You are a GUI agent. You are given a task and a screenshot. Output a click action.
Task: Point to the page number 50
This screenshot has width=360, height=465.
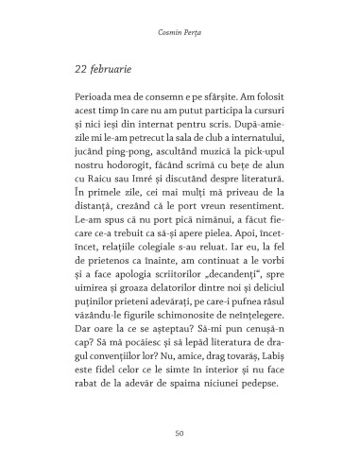pos(180,432)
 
